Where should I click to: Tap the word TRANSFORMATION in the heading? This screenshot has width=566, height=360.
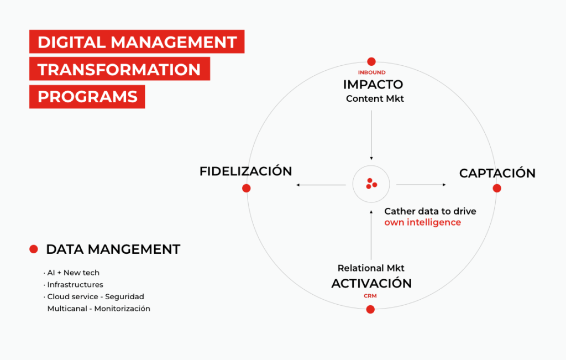(x=119, y=69)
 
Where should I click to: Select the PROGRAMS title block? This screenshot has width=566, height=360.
(x=87, y=96)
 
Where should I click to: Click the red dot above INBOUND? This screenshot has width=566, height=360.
(x=371, y=62)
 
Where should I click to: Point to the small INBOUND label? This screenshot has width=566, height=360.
(x=371, y=72)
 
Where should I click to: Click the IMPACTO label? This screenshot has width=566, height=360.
(x=373, y=85)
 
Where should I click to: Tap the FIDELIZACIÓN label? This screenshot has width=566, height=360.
(x=245, y=171)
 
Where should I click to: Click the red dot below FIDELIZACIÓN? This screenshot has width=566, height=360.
(x=247, y=188)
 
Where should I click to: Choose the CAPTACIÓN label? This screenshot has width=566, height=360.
(x=497, y=173)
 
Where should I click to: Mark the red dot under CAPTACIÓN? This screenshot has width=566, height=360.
(x=497, y=188)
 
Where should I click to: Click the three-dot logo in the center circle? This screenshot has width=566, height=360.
(x=371, y=184)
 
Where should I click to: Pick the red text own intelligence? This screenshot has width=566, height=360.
(x=422, y=222)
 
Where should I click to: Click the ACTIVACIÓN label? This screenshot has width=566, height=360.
(x=371, y=283)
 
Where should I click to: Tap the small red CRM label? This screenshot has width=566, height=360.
(x=370, y=296)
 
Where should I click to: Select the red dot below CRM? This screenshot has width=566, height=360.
(x=370, y=309)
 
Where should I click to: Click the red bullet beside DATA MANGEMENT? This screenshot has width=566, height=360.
(x=34, y=249)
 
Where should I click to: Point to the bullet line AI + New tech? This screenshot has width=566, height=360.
(x=72, y=273)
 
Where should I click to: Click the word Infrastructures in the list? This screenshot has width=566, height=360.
(x=75, y=285)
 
